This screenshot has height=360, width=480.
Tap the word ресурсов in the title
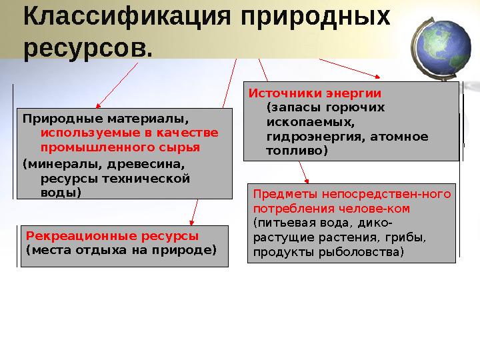pos(83,48)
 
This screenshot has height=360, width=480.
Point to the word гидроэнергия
pos(303,137)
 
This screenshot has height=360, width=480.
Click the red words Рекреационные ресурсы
pos(112,236)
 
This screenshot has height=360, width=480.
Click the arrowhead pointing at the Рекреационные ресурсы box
pos(192,222)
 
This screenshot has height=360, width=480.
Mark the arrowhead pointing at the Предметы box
pos(307,179)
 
